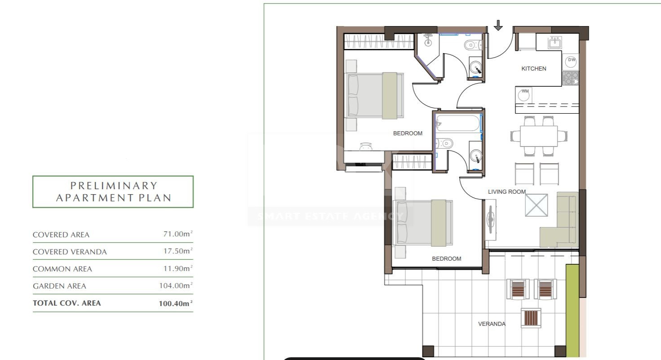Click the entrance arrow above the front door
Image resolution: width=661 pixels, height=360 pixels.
click(498, 25)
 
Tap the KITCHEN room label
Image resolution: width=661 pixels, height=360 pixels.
click(533, 68)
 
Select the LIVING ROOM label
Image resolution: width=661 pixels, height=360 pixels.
click(507, 191)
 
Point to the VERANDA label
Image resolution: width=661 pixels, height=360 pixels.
click(492, 324)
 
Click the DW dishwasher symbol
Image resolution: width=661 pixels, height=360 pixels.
click(570, 62)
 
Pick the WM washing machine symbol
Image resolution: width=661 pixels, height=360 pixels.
click(524, 95)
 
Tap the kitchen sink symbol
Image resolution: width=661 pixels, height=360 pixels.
click(555, 43)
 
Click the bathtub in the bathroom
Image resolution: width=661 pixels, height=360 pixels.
click(458, 123)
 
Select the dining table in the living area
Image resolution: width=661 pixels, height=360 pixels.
click(538, 136)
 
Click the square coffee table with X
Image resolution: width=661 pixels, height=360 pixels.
click(537, 205)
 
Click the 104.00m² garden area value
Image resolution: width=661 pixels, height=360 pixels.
click(176, 285)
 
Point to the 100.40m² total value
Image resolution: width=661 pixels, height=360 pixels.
click(176, 303)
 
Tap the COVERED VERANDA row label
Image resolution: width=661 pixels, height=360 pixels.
click(70, 252)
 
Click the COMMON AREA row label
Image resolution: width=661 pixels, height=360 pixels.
click(62, 269)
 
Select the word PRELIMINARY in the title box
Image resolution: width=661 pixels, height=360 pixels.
click(114, 186)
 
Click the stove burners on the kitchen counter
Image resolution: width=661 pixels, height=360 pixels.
click(570, 78)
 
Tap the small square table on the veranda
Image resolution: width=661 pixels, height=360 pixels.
click(531, 318)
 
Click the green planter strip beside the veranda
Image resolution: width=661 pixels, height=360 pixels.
click(572, 311)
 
